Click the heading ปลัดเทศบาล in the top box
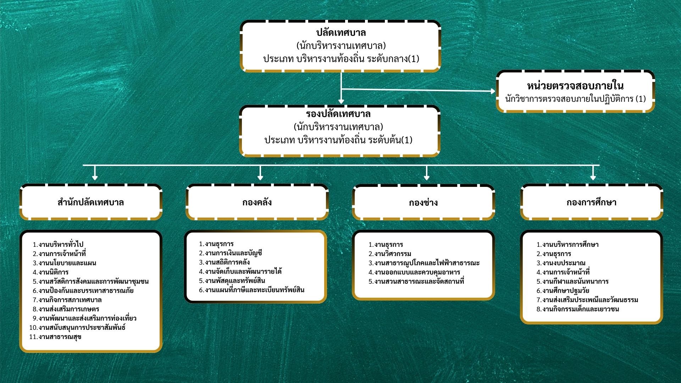tap(341, 33)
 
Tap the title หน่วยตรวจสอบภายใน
tap(575, 86)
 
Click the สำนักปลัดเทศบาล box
tap(91, 202)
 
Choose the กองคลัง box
tap(257, 202)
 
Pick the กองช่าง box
tap(423, 202)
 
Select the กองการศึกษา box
tap(591, 202)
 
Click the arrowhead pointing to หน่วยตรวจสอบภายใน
tap(493, 91)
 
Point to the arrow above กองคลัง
tap(260, 176)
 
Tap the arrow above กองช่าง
tap(427, 176)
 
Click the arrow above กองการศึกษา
tap(593, 176)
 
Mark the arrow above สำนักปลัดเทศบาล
tap(95, 176)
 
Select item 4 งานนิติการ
tap(53, 272)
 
